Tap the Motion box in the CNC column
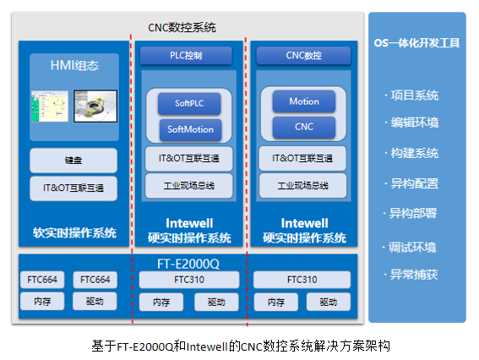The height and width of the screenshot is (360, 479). [304, 101]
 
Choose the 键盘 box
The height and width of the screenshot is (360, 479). [73, 160]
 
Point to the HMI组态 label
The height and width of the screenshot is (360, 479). [74, 65]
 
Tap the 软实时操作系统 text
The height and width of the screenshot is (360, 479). [74, 232]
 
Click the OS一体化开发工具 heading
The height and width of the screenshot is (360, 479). [416, 42]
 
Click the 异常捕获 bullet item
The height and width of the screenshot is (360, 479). [411, 274]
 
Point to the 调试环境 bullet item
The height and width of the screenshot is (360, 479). [411, 247]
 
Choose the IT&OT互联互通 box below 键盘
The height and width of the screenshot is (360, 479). [73, 188]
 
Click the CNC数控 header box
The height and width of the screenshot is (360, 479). [304, 56]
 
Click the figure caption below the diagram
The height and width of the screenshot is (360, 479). [240, 346]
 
